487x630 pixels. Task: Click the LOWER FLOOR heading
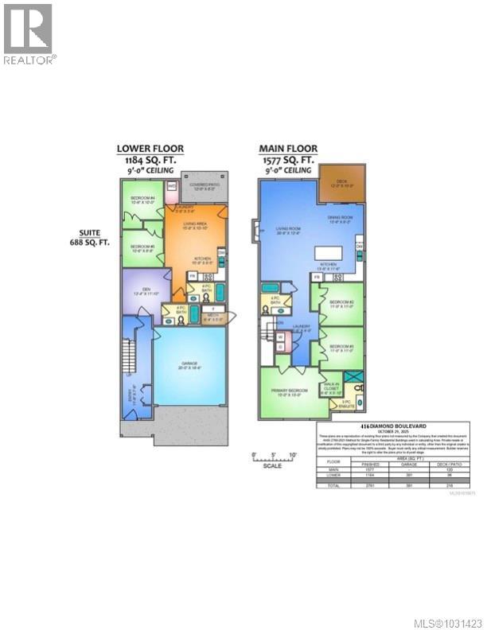pos(150,148)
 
